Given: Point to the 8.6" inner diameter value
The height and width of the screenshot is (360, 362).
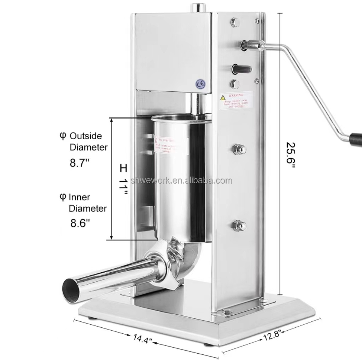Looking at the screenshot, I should [80, 224].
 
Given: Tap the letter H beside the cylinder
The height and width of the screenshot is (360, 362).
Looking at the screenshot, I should [123, 167].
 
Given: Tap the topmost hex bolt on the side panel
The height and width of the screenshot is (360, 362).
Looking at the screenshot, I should [234, 22].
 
